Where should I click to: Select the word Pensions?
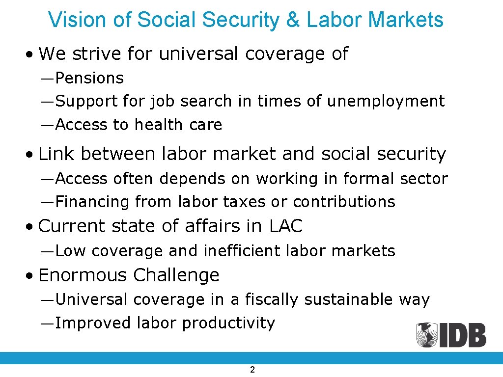[x=89, y=78]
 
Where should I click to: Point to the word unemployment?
[x=386, y=101]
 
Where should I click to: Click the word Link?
[x=56, y=154]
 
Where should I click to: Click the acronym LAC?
[x=286, y=226]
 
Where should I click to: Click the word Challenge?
[x=176, y=275]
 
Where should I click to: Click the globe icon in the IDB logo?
[x=426, y=335]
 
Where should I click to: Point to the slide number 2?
[x=252, y=370]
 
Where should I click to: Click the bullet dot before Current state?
[x=31, y=227]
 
